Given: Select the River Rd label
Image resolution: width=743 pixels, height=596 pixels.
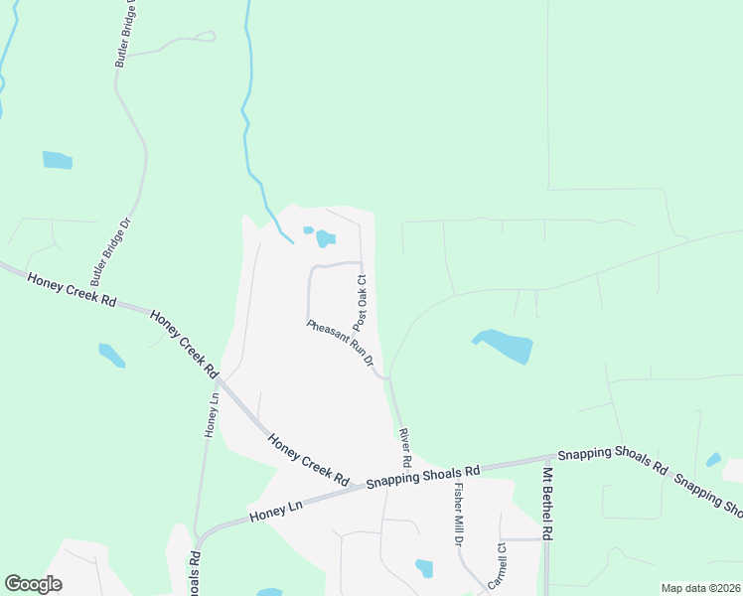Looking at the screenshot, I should (404, 448).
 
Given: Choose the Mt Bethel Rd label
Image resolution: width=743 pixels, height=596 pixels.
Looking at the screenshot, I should (546, 506).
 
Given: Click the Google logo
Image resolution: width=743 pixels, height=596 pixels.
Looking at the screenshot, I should (33, 584).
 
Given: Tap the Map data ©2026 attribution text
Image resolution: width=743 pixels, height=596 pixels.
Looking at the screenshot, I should (699, 588).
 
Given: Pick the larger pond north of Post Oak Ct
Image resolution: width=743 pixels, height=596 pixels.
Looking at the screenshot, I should (326, 238).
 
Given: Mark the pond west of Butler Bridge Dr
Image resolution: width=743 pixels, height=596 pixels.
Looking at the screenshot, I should (57, 159).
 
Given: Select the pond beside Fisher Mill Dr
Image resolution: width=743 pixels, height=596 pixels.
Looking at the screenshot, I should (424, 568).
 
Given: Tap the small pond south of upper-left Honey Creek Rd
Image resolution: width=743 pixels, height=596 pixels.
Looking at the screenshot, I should (111, 355).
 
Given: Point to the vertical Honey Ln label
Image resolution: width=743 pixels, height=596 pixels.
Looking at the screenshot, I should (211, 415).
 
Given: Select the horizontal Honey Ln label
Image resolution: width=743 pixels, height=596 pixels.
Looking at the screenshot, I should (275, 514).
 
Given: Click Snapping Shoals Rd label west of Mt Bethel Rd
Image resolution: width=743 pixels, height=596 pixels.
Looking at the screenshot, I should (423, 477).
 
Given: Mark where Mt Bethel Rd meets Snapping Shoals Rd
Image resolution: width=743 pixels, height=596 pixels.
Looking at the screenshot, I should (546, 460).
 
